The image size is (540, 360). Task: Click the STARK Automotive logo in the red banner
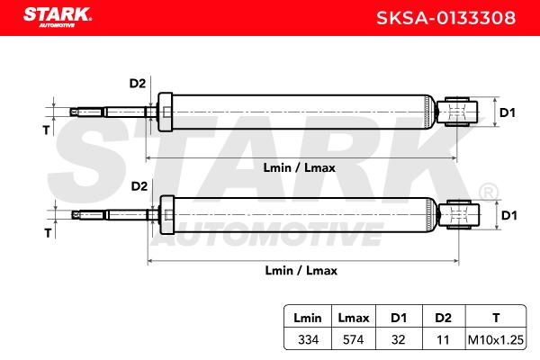coord(58,18)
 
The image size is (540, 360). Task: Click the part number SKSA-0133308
coord(445,18)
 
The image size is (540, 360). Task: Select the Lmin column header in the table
coord(308,318)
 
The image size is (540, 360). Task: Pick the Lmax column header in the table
coord(354,318)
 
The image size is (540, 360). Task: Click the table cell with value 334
coord(308,339)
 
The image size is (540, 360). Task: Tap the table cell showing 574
coord(354,339)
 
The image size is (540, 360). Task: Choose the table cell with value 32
coord(399,339)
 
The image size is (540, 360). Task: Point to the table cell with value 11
coord(443,339)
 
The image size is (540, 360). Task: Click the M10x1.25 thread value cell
coord(496,339)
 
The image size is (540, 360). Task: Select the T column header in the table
coord(496,318)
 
